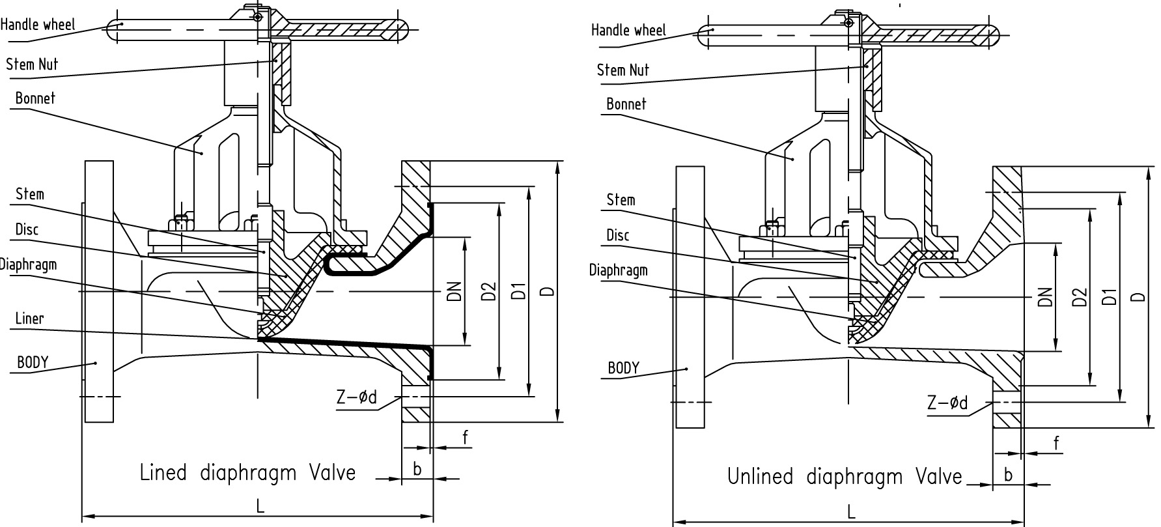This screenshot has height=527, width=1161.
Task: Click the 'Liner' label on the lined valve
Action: [30, 319]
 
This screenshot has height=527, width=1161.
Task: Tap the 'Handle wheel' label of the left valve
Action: [38, 25]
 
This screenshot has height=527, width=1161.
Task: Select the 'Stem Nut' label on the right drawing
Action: [622, 70]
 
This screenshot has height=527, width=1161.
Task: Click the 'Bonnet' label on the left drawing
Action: [35, 98]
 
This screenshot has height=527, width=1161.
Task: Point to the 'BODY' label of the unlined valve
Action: [623, 368]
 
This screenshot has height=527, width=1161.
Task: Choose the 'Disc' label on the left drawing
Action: [27, 229]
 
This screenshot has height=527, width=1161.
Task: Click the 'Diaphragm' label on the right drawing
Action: [618, 270]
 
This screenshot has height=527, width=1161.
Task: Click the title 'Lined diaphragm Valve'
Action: [247, 472]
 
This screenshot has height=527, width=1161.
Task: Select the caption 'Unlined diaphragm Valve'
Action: [844, 477]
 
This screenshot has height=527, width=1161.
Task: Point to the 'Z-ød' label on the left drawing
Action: [356, 398]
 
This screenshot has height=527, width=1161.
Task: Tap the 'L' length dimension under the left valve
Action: [260, 507]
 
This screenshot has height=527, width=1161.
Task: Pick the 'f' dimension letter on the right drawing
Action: [1056, 444]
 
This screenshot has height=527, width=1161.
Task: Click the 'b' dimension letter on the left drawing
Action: [417, 468]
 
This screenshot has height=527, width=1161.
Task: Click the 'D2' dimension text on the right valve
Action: [1080, 296]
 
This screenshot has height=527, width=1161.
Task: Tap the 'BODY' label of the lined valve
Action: [33, 362]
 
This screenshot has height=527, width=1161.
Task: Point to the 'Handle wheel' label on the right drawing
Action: [628, 30]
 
